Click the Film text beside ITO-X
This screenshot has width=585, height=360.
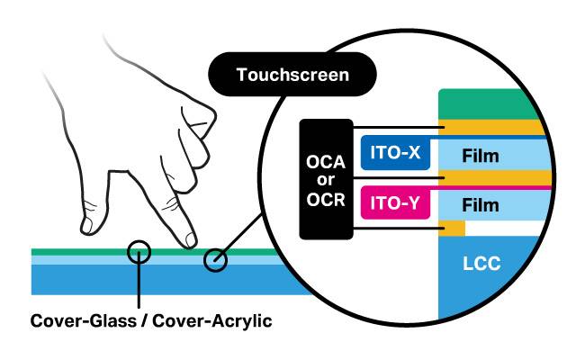coord(480,157)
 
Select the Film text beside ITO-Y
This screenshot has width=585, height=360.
coord(480,206)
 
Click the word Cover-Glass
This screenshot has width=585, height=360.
coord(80,320)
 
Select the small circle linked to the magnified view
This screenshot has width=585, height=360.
coord(215,260)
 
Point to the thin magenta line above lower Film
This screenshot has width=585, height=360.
coord(504,187)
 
